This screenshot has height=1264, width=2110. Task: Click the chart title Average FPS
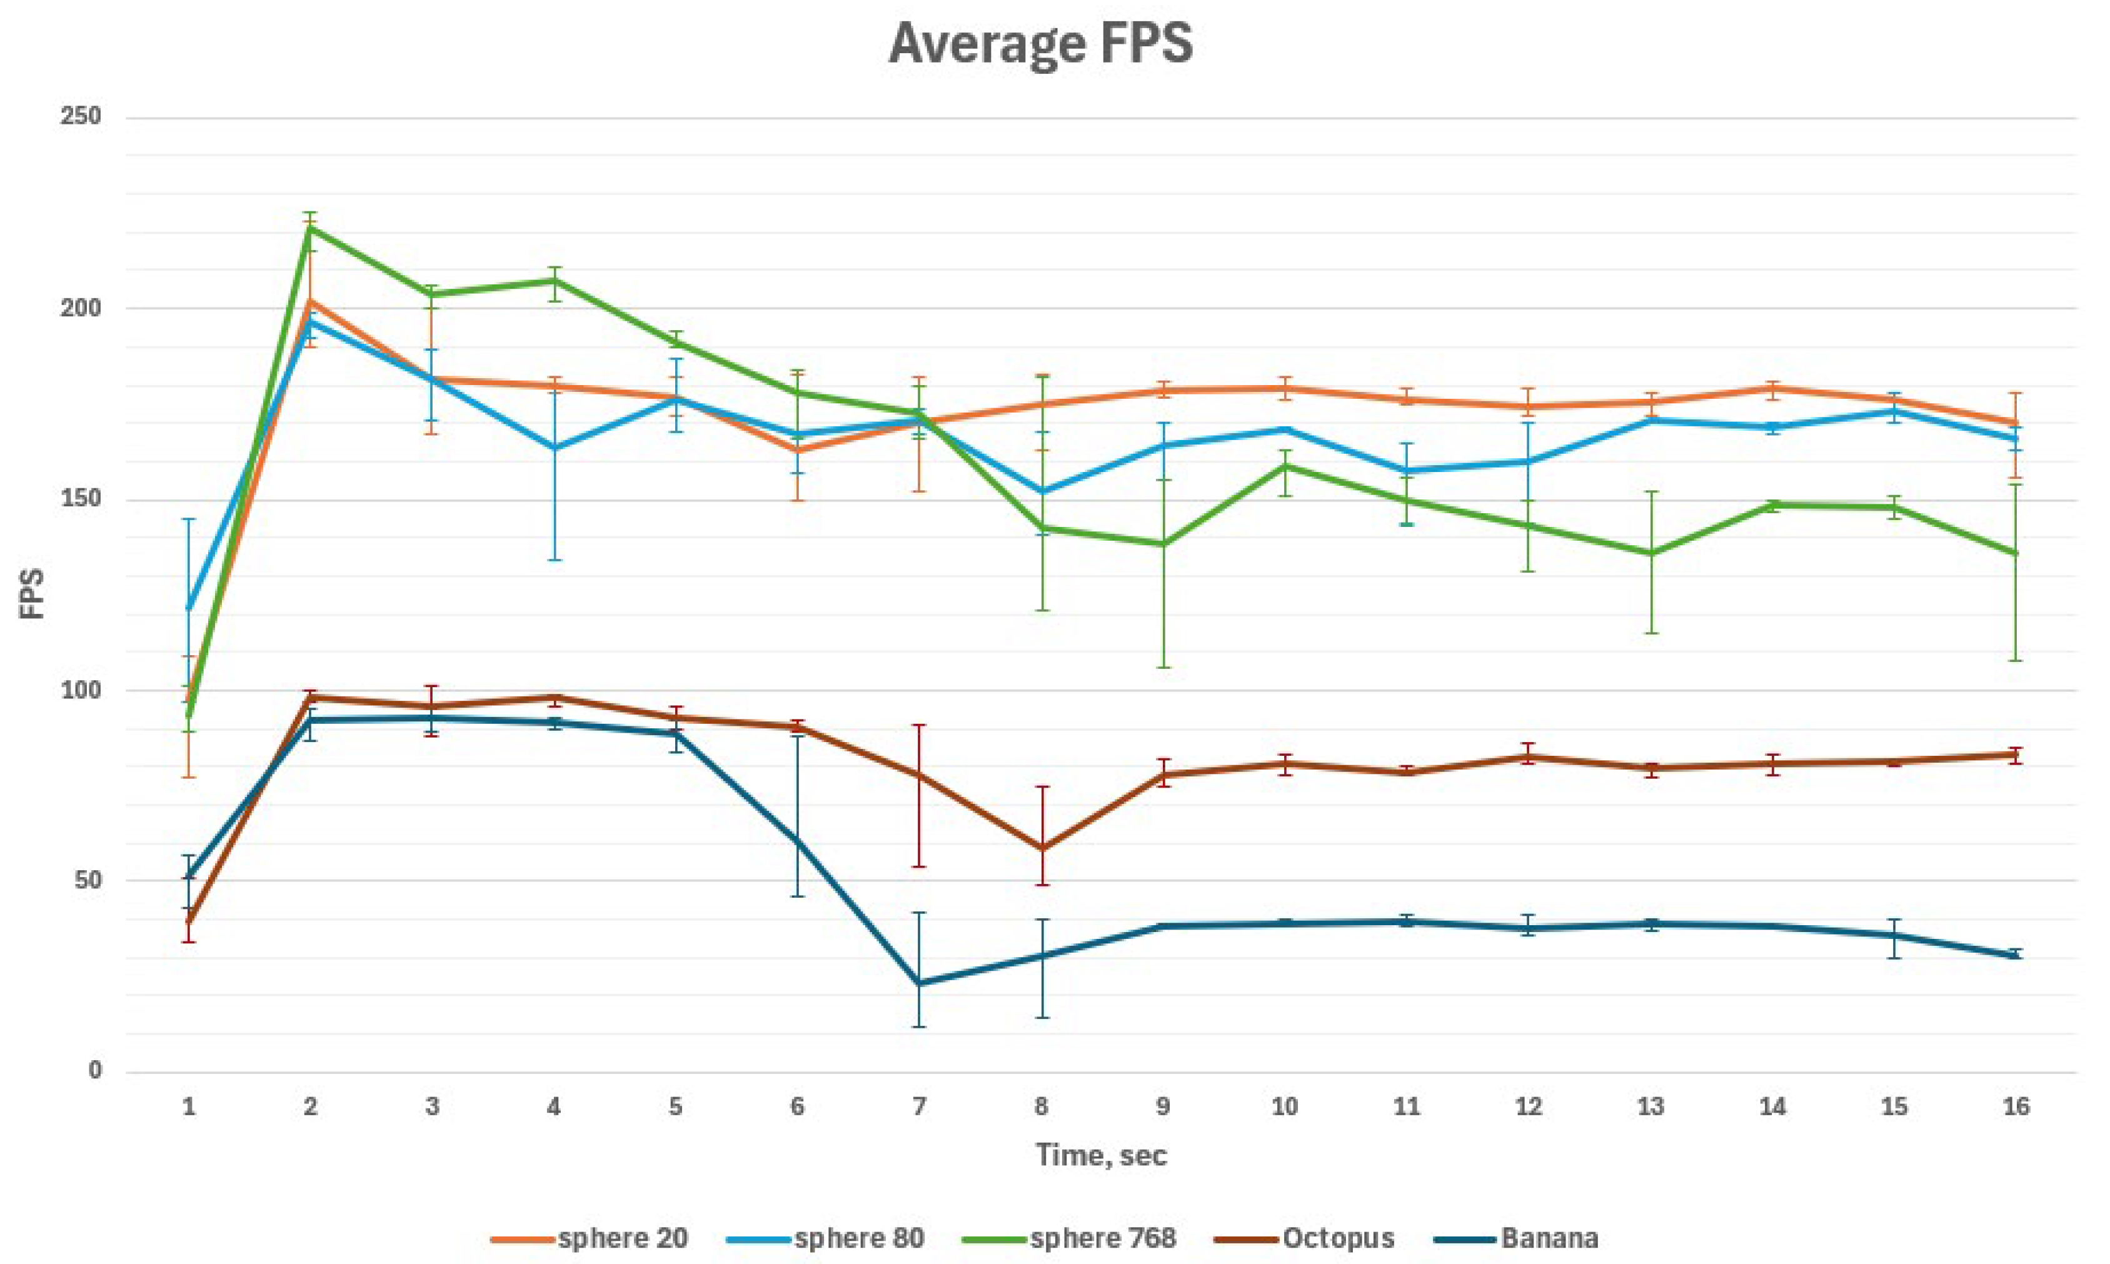point(1040,44)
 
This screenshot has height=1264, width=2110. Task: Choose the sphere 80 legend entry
point(826,1238)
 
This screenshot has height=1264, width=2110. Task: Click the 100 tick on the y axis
point(81,690)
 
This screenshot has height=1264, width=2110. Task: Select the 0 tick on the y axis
point(94,1071)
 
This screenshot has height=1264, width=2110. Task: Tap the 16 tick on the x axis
point(2016,1106)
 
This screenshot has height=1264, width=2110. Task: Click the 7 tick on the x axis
point(919,1106)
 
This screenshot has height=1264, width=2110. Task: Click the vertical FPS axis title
point(33,594)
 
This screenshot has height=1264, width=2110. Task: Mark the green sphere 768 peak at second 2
point(311,228)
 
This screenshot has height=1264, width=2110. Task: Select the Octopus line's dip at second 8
point(1041,848)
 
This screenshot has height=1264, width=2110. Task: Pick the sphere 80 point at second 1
point(189,608)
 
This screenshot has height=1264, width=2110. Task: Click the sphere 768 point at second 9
point(1163,543)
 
